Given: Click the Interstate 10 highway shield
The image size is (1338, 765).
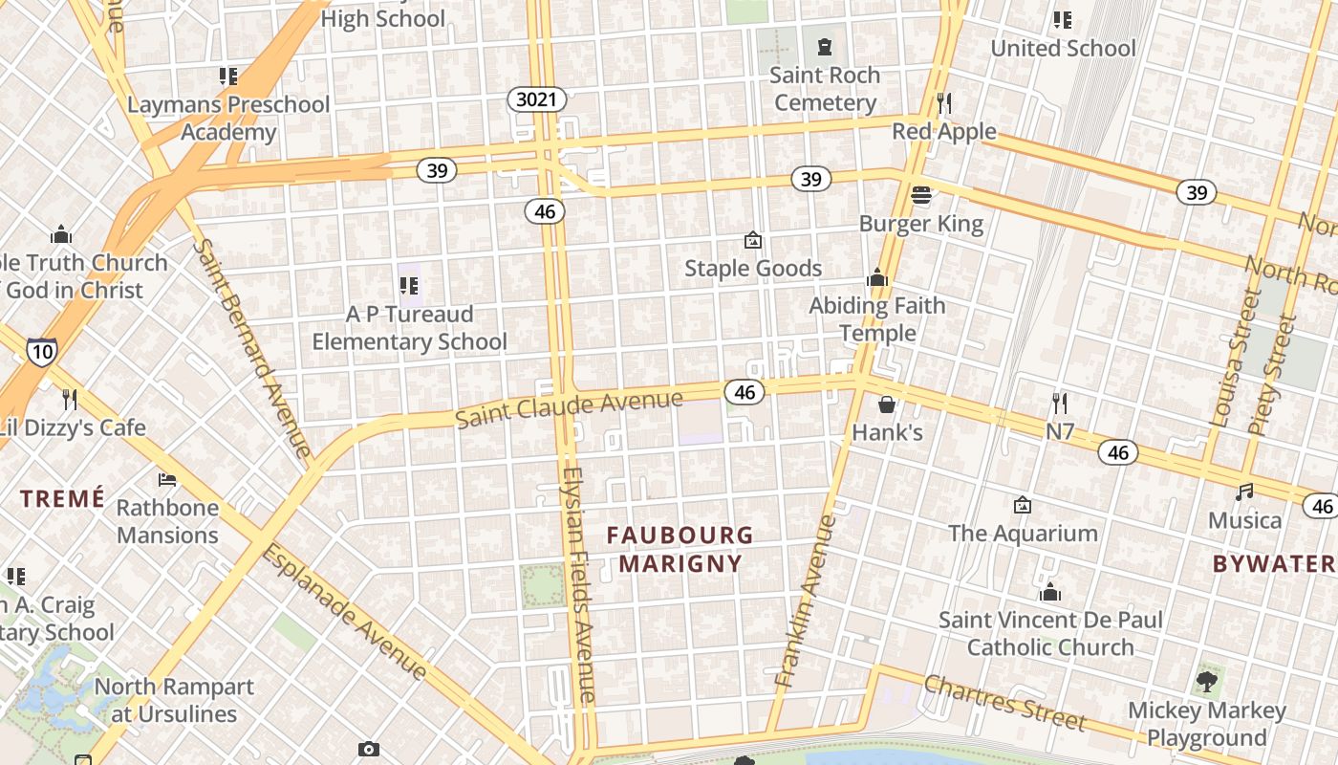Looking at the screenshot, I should coord(42,351).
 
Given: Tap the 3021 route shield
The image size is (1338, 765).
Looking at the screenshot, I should coord(537,99).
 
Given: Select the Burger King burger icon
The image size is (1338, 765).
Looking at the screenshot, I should coord(921,195).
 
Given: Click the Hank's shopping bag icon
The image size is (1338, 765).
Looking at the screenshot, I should coord(887,404).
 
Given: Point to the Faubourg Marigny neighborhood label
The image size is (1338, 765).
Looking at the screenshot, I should coord(680,549).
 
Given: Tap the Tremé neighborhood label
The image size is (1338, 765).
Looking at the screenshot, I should coord(62,498).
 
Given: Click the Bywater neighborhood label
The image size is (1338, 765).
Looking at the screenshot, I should coord(1274,563).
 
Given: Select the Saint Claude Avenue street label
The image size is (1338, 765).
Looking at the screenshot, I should coord(569,408).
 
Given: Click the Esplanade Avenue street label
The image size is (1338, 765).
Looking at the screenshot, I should coord(344,612).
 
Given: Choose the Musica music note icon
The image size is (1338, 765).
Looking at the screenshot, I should coord(1244,492).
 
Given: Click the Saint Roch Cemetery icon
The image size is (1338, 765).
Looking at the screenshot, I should coord(825,46).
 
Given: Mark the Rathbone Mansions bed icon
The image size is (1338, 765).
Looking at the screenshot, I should coord(167,479).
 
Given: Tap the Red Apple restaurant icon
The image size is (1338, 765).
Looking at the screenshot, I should coord(944,102).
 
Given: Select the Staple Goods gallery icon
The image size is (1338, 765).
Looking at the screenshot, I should coord(753,240).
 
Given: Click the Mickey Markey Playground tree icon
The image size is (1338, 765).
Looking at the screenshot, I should coord(1207,682).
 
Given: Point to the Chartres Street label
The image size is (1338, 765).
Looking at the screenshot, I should coord(1005,702).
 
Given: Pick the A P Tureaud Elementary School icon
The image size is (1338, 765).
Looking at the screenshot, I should coord(409,285).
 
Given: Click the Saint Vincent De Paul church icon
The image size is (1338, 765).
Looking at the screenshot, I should coord(1050,592).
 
